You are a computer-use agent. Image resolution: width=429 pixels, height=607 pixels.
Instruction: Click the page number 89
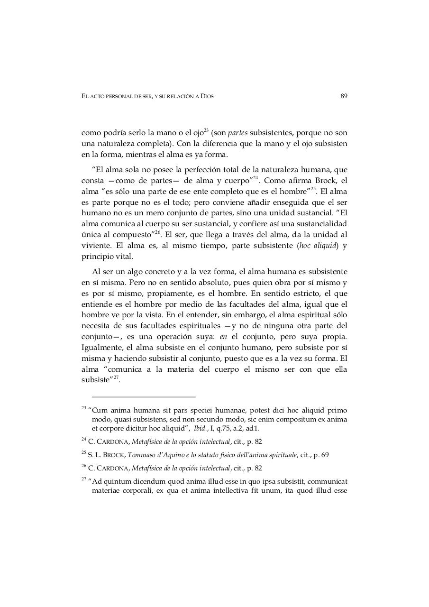(344, 96)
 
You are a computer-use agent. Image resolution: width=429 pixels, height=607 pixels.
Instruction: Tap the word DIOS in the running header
(207, 96)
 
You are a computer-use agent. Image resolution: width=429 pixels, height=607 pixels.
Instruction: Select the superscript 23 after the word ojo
(206, 130)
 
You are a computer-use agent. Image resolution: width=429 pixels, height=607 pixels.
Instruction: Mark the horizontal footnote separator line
(144, 396)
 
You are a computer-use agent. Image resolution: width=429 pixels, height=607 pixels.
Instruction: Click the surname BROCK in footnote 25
(116, 455)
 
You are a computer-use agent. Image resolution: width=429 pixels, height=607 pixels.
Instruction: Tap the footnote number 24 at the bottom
(84, 440)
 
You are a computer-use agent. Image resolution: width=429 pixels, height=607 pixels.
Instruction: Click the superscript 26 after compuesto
(158, 232)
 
